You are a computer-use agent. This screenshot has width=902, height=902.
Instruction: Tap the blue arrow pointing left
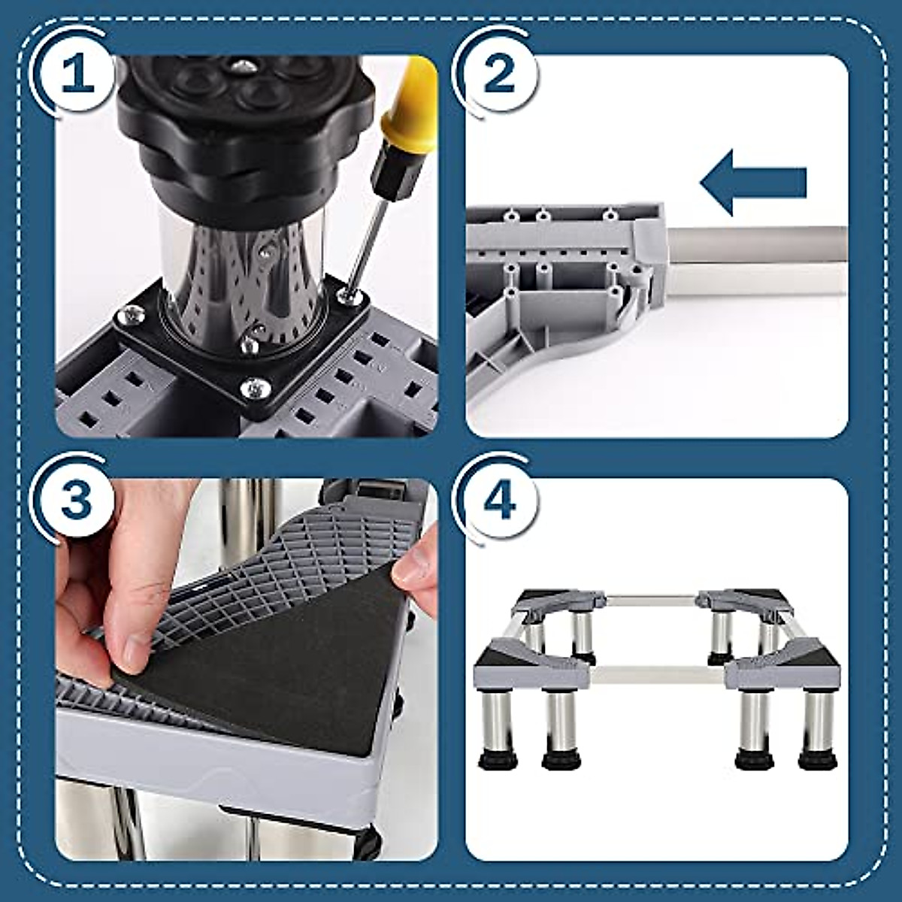(x=752, y=182)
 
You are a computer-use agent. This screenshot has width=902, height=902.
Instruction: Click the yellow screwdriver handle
(x=410, y=105)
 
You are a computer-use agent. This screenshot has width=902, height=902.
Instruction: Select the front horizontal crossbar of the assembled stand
(x=658, y=667)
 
